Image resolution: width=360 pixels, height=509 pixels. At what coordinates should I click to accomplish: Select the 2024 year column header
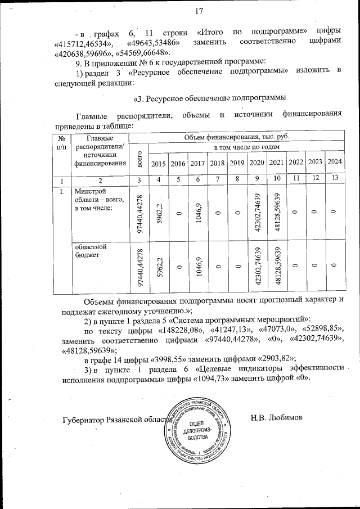point(335,163)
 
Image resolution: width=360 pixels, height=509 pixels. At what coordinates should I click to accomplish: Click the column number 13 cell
point(335,179)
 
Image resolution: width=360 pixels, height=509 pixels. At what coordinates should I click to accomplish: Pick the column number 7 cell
point(217,179)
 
